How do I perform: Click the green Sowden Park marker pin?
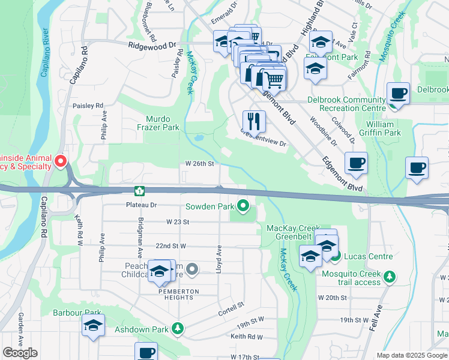243,206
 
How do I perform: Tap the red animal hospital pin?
61,161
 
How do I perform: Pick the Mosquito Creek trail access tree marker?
391,276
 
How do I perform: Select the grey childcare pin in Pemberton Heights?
192,269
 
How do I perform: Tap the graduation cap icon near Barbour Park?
93,325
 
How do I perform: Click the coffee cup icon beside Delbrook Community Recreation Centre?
398,94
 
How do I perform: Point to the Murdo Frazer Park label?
158,123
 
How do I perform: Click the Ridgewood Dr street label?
152,45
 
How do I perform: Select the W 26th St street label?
199,163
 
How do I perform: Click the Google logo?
20,353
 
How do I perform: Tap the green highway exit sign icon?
139,191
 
